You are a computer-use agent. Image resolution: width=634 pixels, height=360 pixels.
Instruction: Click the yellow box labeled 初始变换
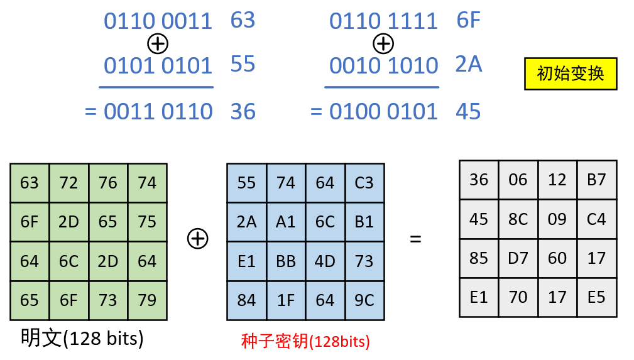(571, 74)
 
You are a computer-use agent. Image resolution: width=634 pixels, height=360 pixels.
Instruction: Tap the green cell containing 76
(108, 183)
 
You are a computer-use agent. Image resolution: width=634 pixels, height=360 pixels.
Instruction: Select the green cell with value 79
(147, 300)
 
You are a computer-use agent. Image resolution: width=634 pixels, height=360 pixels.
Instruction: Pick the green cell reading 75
(147, 222)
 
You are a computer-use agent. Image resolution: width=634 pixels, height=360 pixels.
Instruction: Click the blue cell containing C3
(364, 183)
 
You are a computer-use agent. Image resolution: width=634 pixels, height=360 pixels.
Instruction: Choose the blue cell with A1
(286, 222)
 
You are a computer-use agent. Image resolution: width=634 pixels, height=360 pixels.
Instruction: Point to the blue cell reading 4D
(325, 261)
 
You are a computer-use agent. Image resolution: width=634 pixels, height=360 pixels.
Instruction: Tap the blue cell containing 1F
(286, 300)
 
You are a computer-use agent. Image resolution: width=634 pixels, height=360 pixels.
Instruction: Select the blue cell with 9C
(364, 300)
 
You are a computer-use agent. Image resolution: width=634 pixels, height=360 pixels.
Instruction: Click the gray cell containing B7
(596, 180)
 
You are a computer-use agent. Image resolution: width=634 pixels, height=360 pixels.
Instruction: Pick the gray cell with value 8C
(518, 219)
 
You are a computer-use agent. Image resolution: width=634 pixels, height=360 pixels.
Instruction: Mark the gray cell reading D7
(518, 258)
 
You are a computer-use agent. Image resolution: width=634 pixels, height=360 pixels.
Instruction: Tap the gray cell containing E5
(596, 297)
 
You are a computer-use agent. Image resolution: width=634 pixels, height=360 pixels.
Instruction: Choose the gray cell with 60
(557, 258)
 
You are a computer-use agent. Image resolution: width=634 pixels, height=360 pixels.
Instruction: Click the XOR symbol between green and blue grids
(198, 238)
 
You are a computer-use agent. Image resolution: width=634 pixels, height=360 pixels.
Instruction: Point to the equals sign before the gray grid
(415, 239)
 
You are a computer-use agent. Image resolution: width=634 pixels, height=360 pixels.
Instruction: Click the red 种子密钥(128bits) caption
(305, 341)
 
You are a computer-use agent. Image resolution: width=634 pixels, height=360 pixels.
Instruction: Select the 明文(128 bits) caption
(82, 339)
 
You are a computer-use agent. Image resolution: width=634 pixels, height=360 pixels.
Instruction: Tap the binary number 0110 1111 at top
(383, 21)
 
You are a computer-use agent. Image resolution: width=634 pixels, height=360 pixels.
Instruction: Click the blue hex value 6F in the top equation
(469, 20)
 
